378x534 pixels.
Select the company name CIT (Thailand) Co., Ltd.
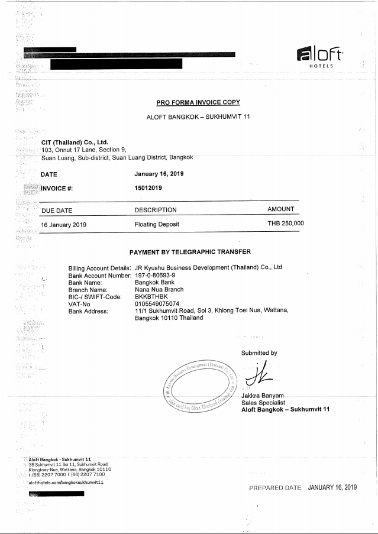coord(74,142)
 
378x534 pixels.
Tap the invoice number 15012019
coord(148,187)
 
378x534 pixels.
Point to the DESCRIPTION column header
coord(156,209)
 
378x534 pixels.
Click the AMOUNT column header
coord(281,209)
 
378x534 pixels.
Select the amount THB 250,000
coord(286,224)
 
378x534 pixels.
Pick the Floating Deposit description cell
coord(157,225)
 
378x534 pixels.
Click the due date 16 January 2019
coord(64,225)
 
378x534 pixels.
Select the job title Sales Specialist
coord(263,402)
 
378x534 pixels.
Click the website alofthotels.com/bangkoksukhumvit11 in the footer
coord(66,483)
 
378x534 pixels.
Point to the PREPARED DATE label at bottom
coord(276,487)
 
